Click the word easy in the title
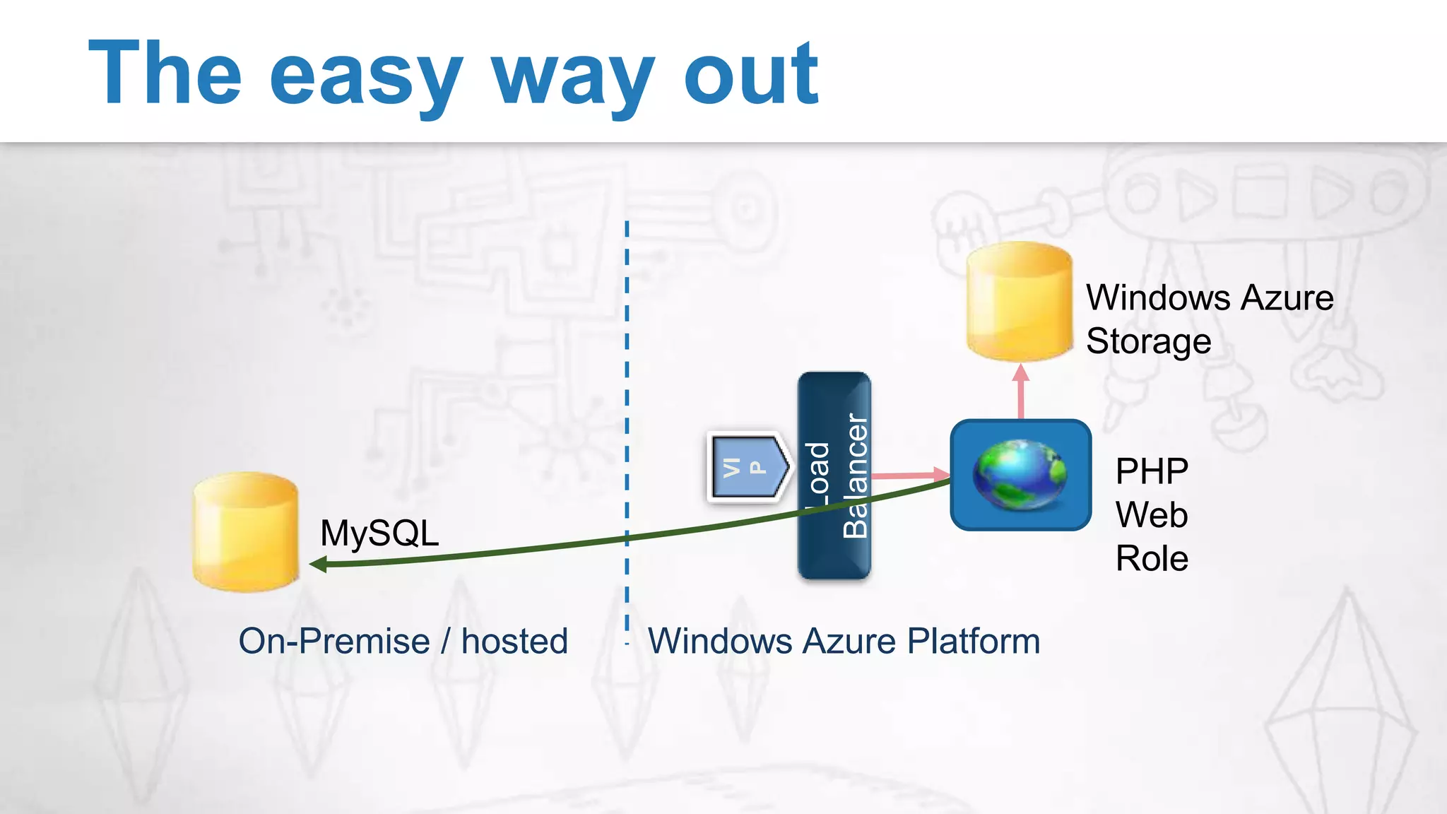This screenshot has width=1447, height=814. click(x=365, y=76)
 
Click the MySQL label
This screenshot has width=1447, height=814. click(x=379, y=533)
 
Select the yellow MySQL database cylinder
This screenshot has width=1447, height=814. click(x=245, y=532)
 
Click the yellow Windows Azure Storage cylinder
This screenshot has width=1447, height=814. click(x=1019, y=302)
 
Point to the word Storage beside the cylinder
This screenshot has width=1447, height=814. click(x=1148, y=341)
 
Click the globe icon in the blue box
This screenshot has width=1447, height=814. click(x=1020, y=474)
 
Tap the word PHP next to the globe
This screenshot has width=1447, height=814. click(x=1152, y=471)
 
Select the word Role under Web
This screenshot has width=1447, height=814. click(x=1152, y=558)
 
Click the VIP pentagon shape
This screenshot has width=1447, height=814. click(x=748, y=467)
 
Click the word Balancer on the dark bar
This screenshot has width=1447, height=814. click(x=856, y=476)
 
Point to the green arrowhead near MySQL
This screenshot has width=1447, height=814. click(x=318, y=564)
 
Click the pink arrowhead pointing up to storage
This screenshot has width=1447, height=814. click(x=1020, y=373)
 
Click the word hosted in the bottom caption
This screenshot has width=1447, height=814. click(x=514, y=642)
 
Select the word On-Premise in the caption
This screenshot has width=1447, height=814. click(x=334, y=642)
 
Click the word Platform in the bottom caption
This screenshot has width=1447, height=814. click(x=973, y=642)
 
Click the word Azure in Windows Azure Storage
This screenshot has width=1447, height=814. click(x=1287, y=297)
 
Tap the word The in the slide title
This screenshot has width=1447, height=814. click(x=165, y=75)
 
